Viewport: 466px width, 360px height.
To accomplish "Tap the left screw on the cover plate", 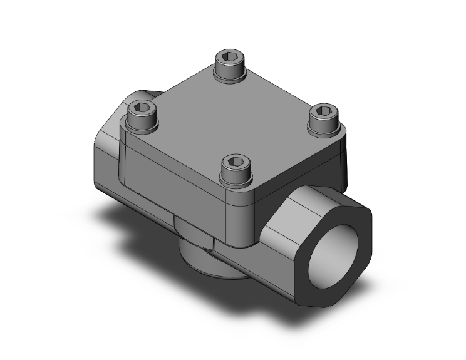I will [143, 118].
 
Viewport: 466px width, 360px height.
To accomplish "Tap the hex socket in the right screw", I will [324, 111].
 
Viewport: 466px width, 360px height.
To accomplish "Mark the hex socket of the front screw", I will [235, 161].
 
